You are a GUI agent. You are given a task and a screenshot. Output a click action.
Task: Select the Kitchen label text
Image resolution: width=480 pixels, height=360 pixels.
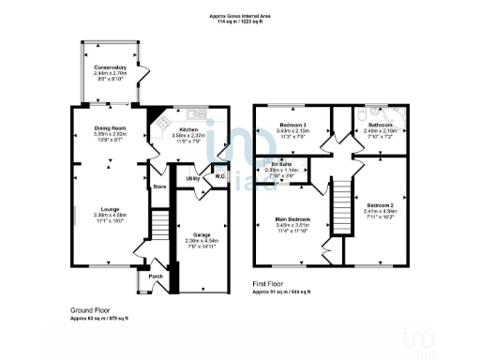[188, 129]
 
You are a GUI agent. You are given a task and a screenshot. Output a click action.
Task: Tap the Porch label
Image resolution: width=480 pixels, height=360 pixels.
[156, 277]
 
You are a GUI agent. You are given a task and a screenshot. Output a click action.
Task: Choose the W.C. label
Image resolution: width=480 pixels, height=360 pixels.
[218, 175]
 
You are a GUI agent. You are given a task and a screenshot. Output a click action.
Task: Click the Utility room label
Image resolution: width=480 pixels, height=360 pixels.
[192, 177]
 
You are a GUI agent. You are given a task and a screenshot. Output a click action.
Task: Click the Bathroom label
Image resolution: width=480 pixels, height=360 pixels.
[380, 125]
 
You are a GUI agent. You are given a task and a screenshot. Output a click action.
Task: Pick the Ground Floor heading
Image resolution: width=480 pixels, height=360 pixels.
[92, 308]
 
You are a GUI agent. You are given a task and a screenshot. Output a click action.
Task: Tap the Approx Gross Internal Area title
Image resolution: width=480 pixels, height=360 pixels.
[241, 16]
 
